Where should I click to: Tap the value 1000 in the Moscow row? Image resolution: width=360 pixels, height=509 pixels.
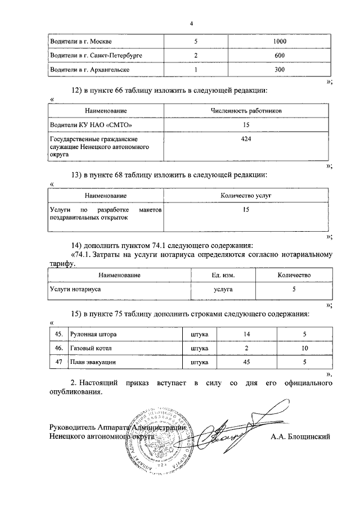(279, 42)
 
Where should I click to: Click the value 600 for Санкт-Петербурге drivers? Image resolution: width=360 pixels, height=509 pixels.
(279, 56)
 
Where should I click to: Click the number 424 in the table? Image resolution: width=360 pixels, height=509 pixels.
(246, 138)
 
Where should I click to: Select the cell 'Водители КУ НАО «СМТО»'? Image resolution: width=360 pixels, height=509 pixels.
(92, 124)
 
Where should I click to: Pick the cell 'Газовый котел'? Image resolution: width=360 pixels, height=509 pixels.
(90, 349)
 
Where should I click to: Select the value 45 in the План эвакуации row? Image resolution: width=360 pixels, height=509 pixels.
(246, 363)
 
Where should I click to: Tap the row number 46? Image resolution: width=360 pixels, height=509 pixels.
(58, 349)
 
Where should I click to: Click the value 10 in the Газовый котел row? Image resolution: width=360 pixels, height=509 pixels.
(304, 349)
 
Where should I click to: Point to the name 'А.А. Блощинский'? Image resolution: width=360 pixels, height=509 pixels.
(298, 436)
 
